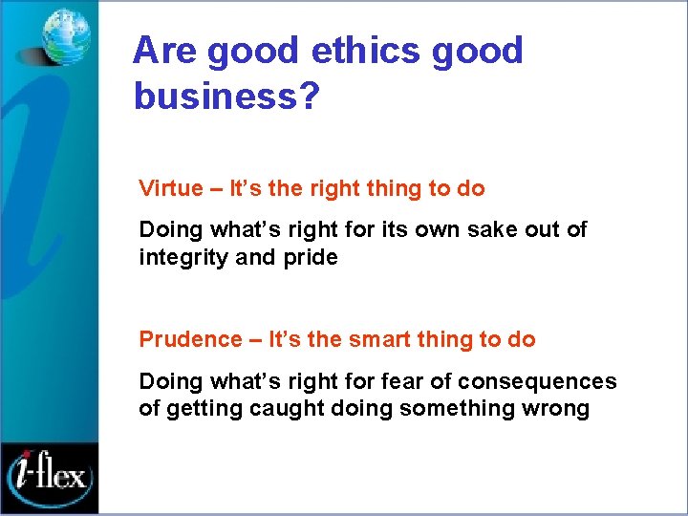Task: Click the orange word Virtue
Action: coord(171,188)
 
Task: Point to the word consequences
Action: coord(537,382)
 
